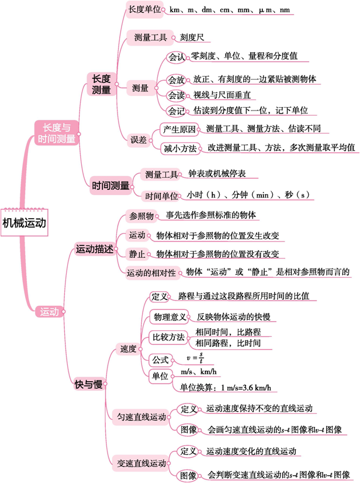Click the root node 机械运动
click(24, 222)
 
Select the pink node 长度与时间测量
click(56, 133)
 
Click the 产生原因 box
click(179, 129)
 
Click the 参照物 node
click(141, 216)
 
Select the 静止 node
click(137, 254)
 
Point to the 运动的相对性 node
click(151, 272)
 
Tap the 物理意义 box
click(169, 317)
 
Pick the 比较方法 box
click(168, 337)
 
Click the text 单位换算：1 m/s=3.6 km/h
click(225, 387)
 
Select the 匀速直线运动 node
click(142, 417)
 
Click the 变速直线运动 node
click(142, 464)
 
